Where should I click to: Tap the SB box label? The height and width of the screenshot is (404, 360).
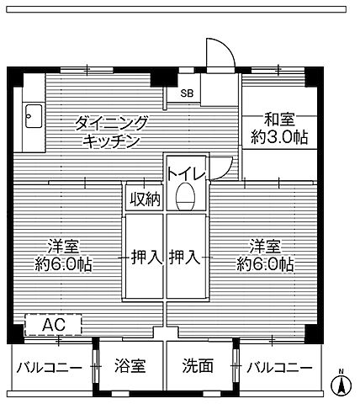(183, 93)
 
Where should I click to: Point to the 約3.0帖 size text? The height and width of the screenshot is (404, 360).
(277, 137)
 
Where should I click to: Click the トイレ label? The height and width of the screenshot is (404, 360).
(185, 174)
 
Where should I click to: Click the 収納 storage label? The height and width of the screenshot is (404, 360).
(143, 199)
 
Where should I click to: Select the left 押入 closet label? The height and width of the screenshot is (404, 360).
(145, 257)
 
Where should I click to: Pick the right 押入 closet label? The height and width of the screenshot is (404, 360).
(185, 257)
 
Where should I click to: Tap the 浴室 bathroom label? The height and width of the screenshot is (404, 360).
(130, 368)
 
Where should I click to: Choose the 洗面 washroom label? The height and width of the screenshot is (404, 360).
(199, 368)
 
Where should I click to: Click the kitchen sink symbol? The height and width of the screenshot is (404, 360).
(32, 114)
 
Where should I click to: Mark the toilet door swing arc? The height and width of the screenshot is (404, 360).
(221, 167)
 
